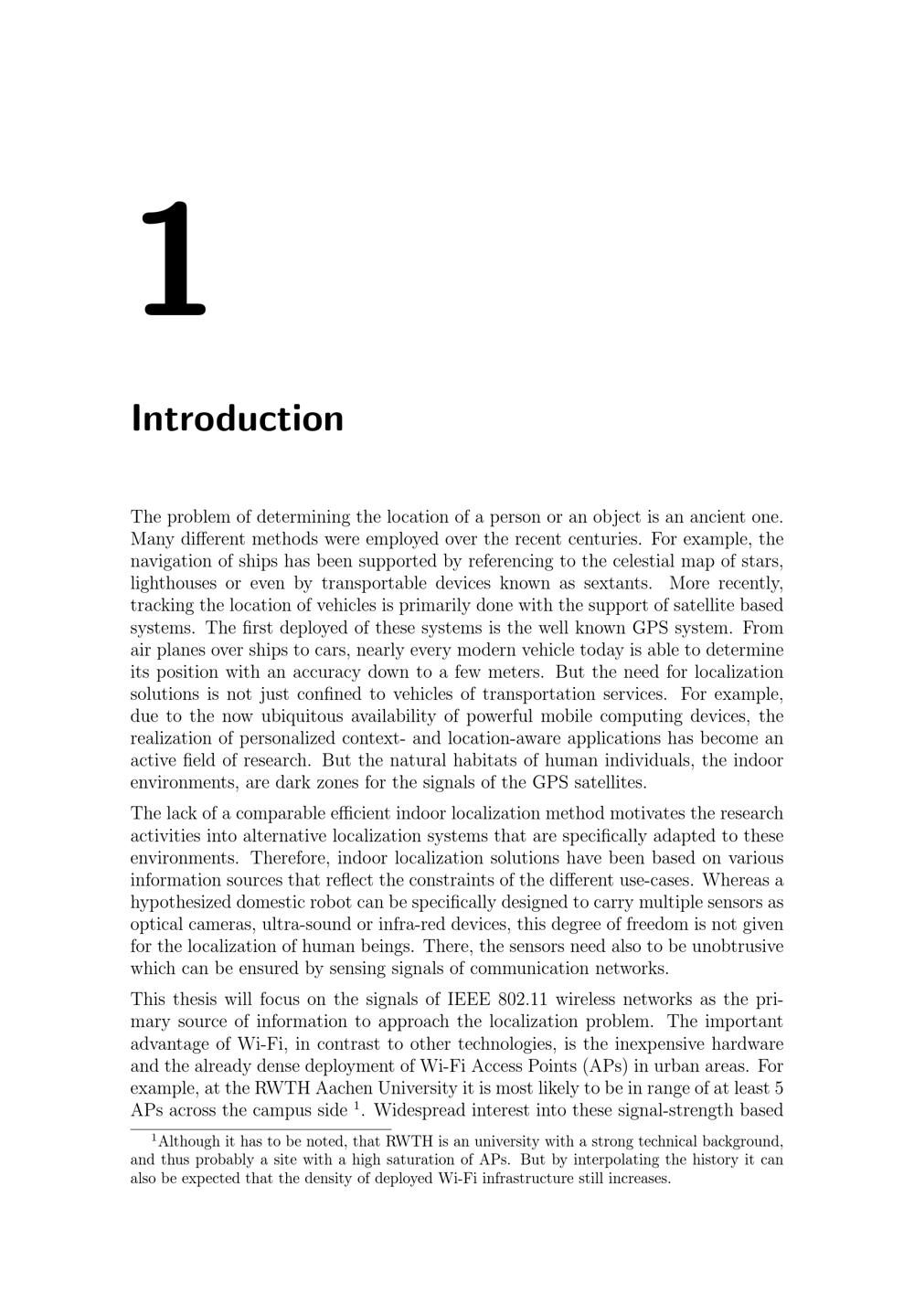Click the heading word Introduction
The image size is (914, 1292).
238,418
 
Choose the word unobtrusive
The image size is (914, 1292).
731,947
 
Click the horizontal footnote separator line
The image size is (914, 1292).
260,1130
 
